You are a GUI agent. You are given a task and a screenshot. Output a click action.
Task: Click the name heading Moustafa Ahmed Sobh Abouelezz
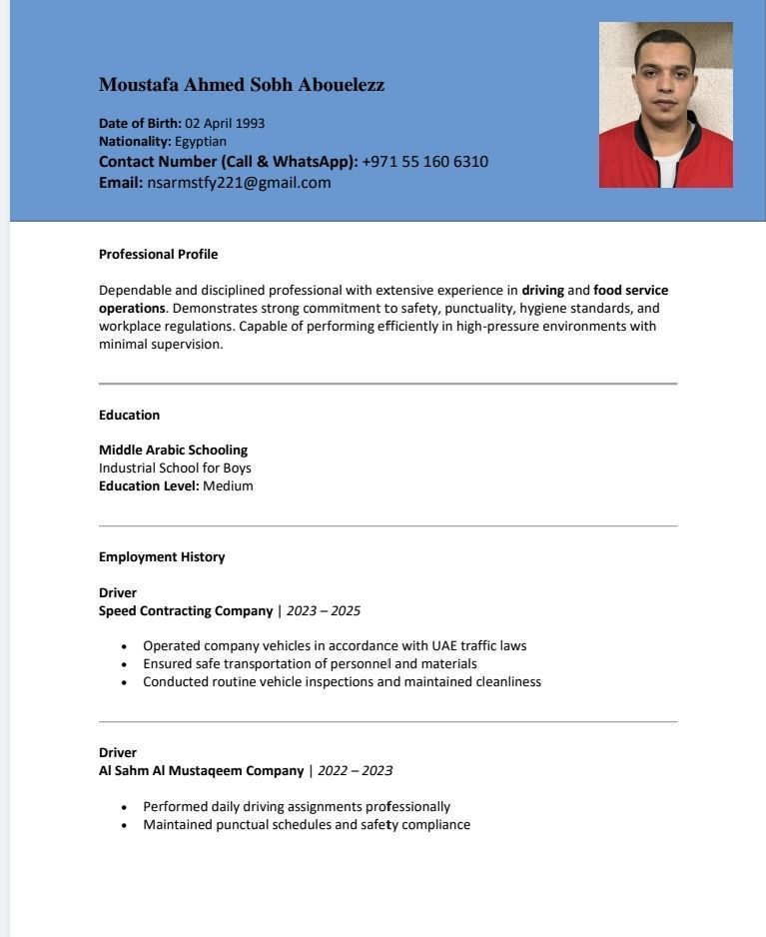pos(242,85)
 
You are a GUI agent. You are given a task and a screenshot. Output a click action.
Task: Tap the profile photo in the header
pos(665,105)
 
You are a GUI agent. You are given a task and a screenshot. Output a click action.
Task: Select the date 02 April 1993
pos(225,124)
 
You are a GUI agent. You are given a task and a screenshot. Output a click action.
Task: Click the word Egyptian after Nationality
pos(201,142)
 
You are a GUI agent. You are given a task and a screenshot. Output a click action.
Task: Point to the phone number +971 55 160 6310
pos(424,162)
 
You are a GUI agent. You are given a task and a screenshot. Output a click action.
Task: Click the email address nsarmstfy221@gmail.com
pos(239,183)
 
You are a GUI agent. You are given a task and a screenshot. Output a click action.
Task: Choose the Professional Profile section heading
pos(158,255)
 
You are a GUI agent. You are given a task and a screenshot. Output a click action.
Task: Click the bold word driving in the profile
pos(542,291)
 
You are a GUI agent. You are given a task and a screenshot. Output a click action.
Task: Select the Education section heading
pos(129,416)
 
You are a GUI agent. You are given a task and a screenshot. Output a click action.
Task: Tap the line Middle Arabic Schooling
pos(173,451)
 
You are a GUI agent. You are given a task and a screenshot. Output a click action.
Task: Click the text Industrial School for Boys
pos(175,468)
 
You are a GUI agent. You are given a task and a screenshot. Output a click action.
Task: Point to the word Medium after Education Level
pos(228,486)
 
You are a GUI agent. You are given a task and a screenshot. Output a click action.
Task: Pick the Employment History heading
pos(162,557)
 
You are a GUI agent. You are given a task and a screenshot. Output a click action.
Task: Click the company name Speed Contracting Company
pos(186,611)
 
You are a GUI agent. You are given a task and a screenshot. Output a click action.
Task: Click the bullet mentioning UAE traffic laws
pos(335,646)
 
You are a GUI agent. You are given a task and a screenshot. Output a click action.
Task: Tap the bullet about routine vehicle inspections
pos(342,682)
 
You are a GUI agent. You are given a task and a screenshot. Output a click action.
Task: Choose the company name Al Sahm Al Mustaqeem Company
pos(201,771)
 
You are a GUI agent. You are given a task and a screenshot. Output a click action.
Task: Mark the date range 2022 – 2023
pos(355,771)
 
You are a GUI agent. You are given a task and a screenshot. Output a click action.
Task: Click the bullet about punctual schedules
pos(306,825)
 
